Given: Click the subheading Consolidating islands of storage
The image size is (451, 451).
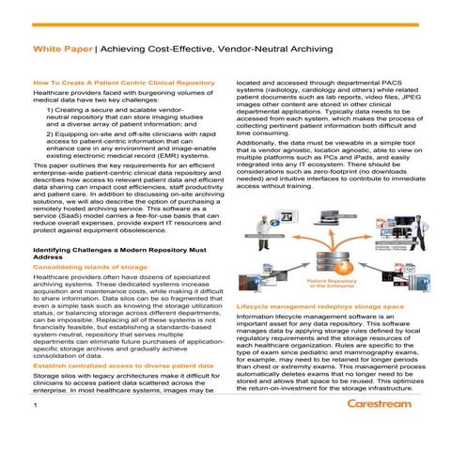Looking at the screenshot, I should (89, 268).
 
